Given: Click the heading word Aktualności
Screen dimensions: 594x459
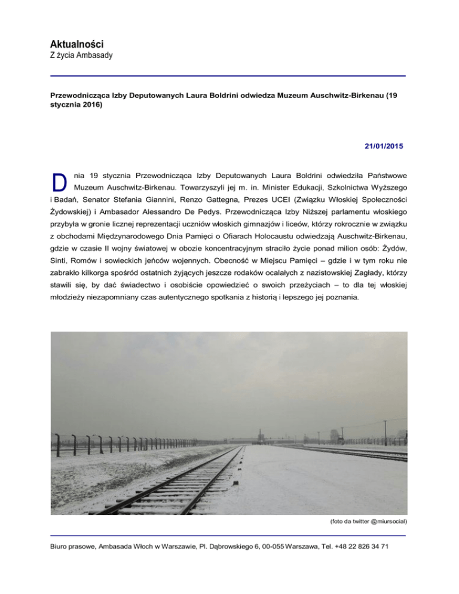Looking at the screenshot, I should coord(77,44).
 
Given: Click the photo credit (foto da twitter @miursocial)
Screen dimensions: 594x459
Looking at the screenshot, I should coord(368,521).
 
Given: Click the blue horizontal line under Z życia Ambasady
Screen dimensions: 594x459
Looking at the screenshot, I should coord(229,76).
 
